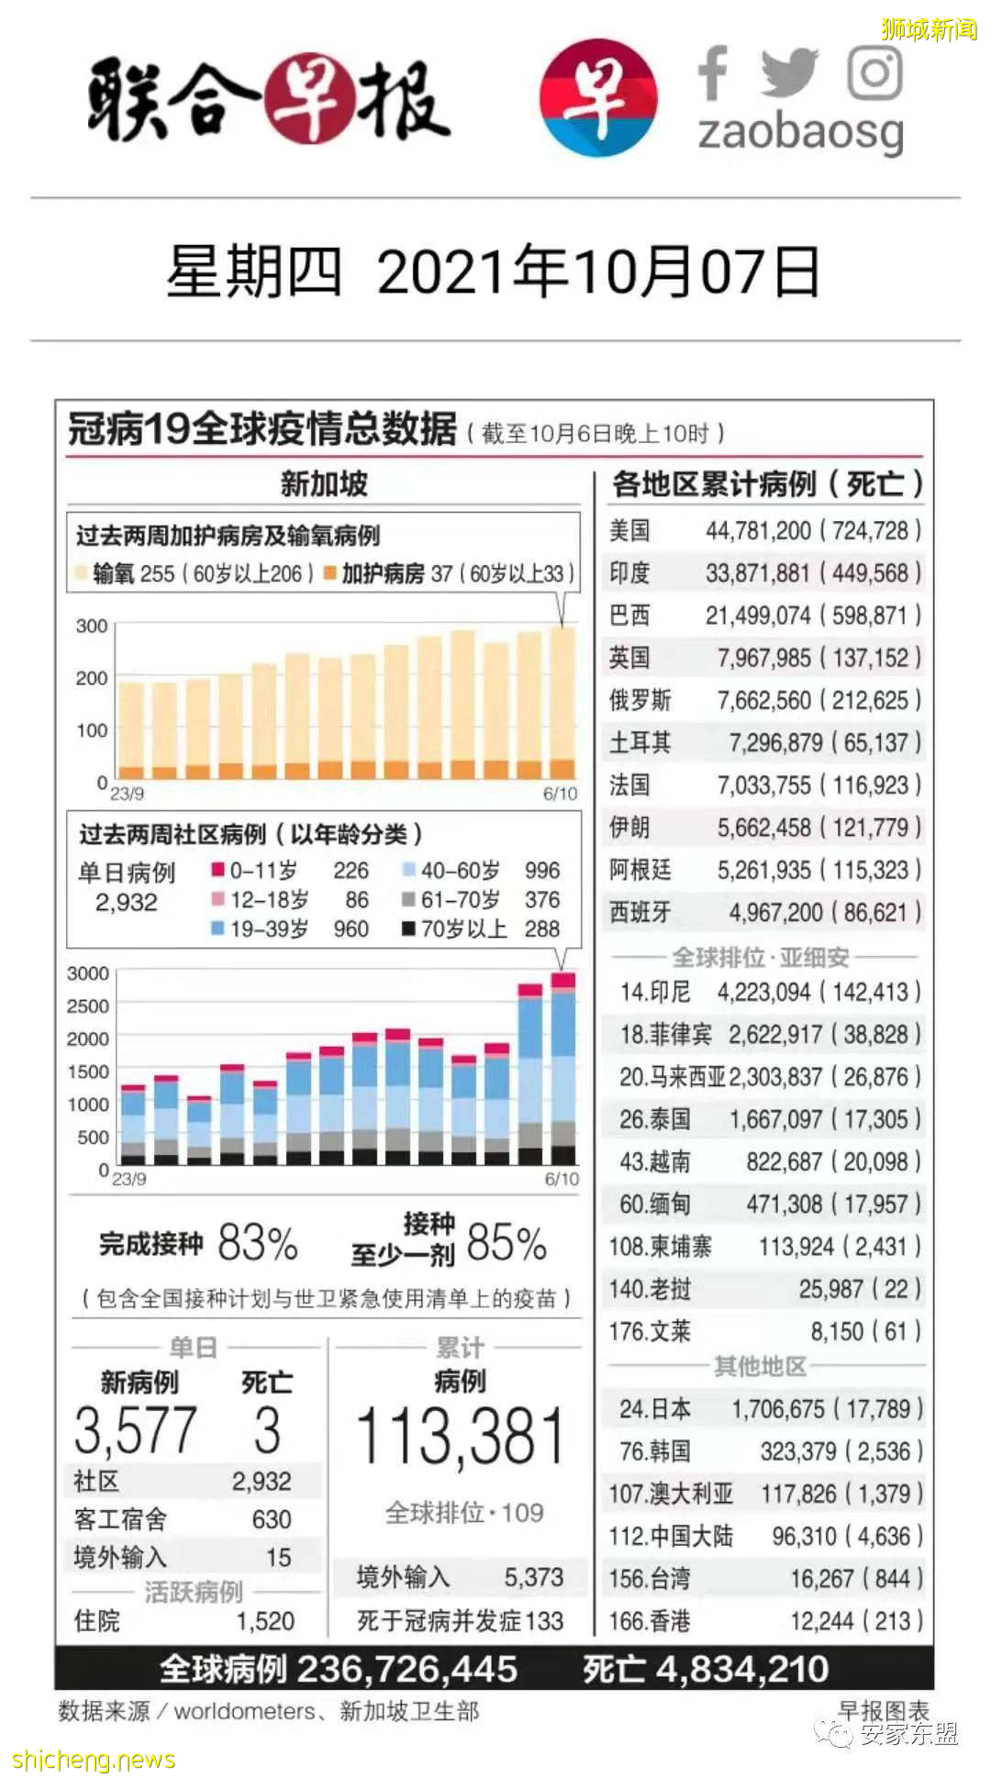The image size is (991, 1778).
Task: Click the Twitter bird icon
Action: click(788, 72)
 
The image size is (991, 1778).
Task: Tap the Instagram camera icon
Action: click(874, 72)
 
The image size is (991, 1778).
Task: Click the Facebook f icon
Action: click(713, 72)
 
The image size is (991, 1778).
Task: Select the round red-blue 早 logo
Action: click(598, 97)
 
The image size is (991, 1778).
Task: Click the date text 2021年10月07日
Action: click(597, 272)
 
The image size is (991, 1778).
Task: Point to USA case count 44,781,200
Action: click(758, 530)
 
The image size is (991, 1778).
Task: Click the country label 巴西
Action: click(629, 616)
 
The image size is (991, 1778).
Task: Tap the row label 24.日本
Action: click(655, 1408)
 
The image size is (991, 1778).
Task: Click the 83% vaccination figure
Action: click(258, 1244)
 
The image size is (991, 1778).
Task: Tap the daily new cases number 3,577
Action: click(135, 1431)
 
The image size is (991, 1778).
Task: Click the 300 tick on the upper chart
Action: click(92, 626)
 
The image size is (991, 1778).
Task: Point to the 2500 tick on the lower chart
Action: click(88, 1006)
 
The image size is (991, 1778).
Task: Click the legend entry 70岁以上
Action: click(463, 929)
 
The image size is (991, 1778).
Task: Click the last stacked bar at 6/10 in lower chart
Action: click(563, 1069)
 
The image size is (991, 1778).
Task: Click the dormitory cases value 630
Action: click(272, 1519)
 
